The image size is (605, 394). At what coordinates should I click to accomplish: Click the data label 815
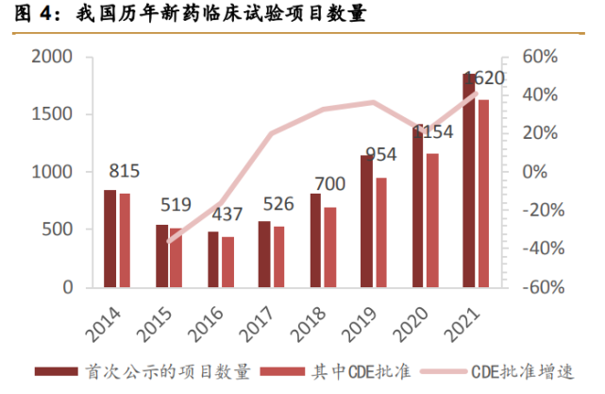pyautogui.click(x=125, y=172)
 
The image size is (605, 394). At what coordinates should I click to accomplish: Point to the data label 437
pyautogui.click(x=227, y=215)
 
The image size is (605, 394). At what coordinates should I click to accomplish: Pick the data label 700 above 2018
pyautogui.click(x=328, y=183)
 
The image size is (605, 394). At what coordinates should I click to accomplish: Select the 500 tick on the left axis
pyautogui.click(x=59, y=230)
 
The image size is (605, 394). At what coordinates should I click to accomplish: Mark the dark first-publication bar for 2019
pyautogui.click(x=366, y=221)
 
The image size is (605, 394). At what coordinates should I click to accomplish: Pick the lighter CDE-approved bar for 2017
pyautogui.click(x=278, y=257)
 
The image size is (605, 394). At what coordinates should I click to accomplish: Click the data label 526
pyautogui.click(x=277, y=205)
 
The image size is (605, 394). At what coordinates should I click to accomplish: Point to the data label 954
pyautogui.click(x=380, y=154)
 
